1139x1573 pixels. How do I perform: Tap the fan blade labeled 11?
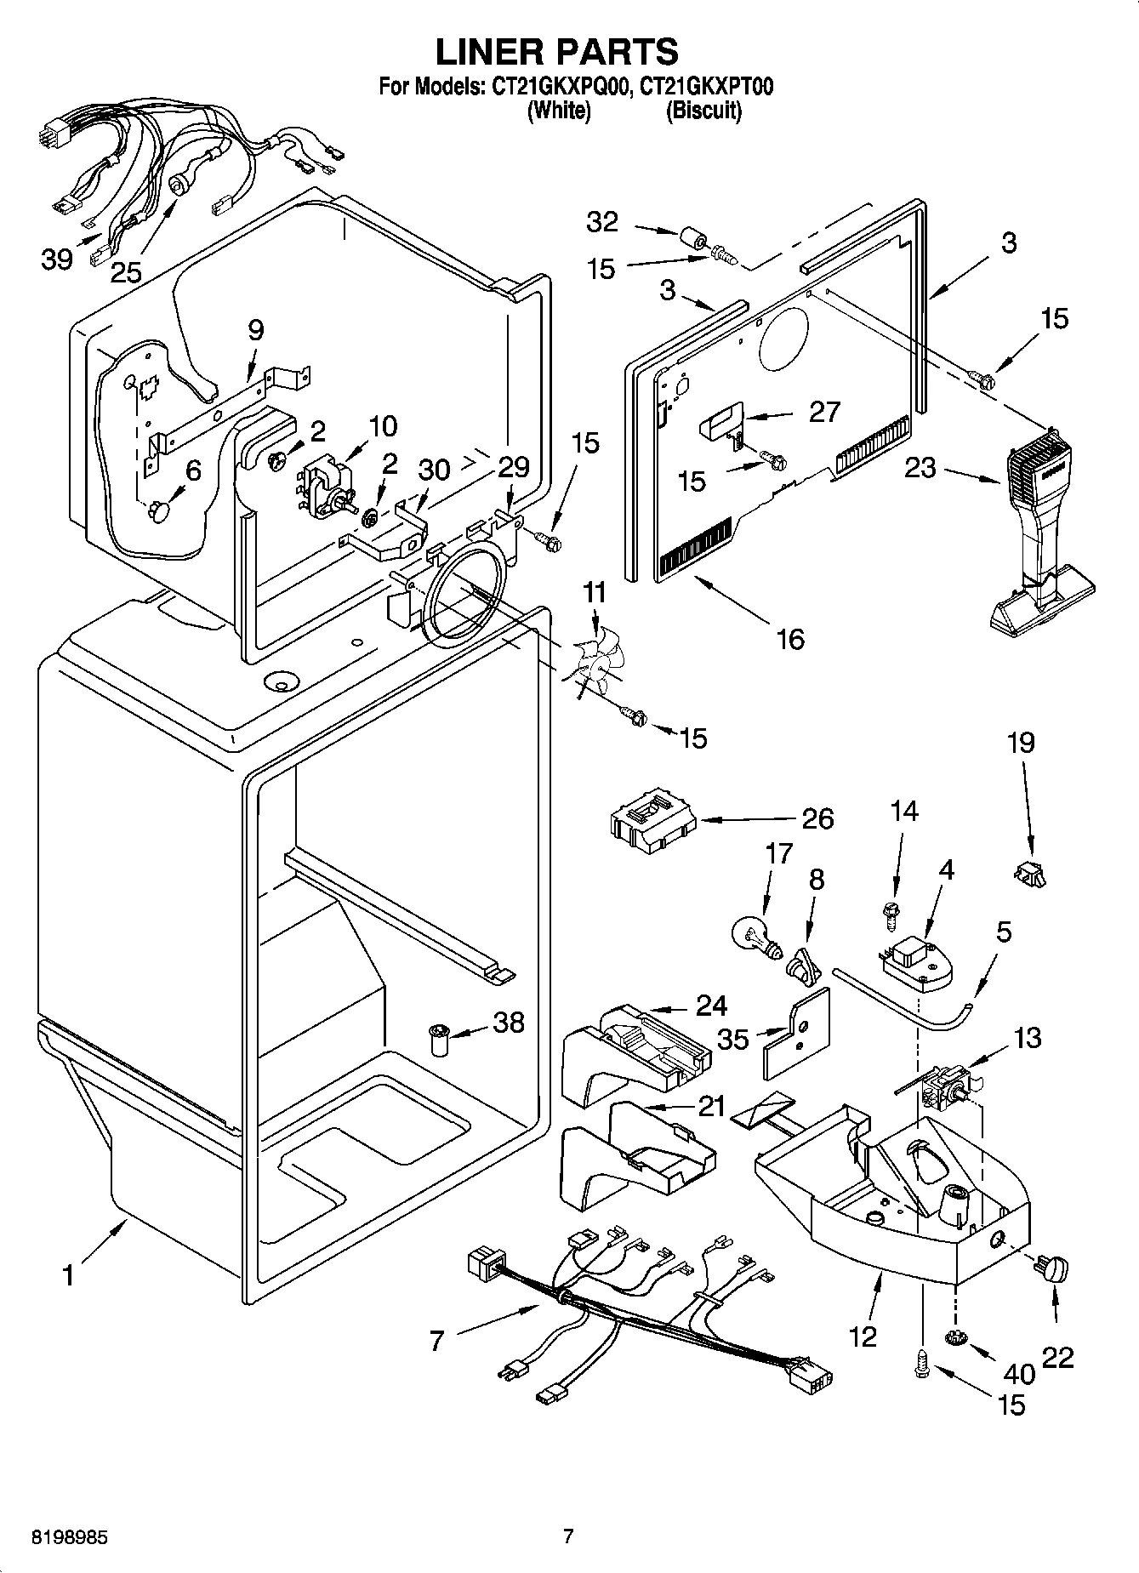click(x=587, y=663)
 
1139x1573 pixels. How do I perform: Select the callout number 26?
click(x=817, y=818)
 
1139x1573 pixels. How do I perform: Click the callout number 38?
click(x=509, y=1022)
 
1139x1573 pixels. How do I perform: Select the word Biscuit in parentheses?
click(x=703, y=111)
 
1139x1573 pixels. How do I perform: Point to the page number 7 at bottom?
click(x=568, y=1536)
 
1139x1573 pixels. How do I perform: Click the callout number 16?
click(x=790, y=638)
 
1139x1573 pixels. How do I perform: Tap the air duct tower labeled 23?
click(x=1039, y=536)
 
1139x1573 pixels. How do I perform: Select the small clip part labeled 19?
click(x=1029, y=873)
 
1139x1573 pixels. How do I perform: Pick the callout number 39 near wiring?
click(x=57, y=259)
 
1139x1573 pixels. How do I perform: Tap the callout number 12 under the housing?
click(x=863, y=1336)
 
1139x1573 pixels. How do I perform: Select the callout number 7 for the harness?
click(x=436, y=1342)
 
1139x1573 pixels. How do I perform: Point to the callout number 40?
click(x=1019, y=1373)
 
